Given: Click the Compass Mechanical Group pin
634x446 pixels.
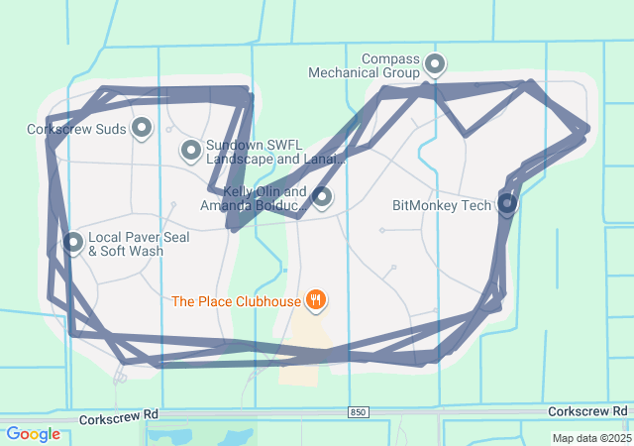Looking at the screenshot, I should [434, 65].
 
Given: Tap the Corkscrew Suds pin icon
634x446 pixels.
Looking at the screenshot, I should [142, 127].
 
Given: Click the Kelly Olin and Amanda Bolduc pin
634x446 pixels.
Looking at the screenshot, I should [322, 196].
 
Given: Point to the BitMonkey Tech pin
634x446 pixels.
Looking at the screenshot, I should [507, 204].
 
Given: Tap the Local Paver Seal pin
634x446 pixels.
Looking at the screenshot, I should [73, 241].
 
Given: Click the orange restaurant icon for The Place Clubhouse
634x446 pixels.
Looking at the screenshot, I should [316, 299].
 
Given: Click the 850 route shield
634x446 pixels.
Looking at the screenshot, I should [358, 411].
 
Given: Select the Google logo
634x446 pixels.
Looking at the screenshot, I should [33, 434].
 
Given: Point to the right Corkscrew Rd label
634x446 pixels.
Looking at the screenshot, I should [588, 410].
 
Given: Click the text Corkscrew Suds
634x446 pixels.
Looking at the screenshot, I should [76, 129].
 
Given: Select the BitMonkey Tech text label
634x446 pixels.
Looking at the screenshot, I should [442, 206].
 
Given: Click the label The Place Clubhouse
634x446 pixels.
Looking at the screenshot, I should [236, 300].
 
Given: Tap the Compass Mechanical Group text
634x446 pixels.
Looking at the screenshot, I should [364, 65].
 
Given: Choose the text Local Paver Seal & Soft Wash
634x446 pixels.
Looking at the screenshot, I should [138, 244].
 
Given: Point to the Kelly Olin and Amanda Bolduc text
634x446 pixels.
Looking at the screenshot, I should [253, 198].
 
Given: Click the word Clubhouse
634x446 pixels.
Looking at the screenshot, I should [268, 300].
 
